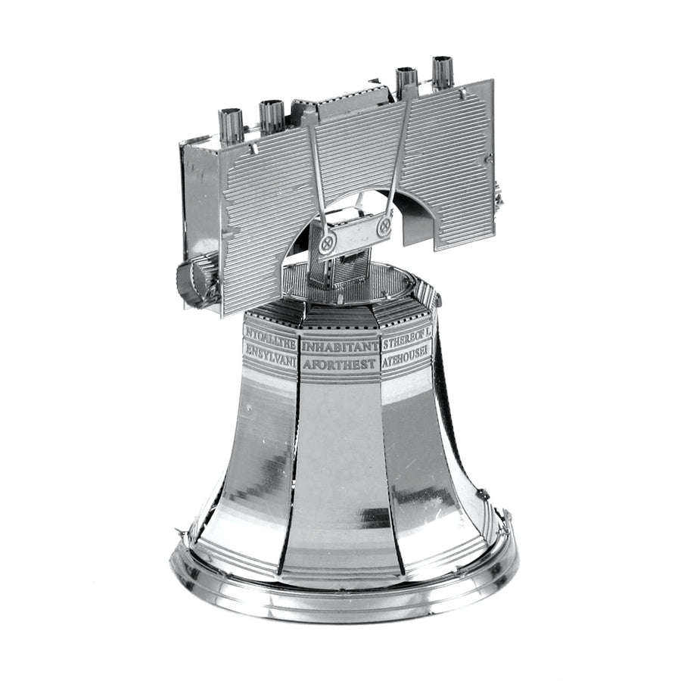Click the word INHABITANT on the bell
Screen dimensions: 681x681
340,347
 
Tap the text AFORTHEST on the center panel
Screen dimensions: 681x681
340,364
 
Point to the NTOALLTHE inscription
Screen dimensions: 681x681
269,334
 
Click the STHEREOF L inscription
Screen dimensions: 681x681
406,334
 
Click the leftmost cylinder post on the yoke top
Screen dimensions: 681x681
230,124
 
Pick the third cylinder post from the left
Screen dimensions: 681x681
406,81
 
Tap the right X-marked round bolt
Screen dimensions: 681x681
384,225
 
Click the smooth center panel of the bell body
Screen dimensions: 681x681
340,469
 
